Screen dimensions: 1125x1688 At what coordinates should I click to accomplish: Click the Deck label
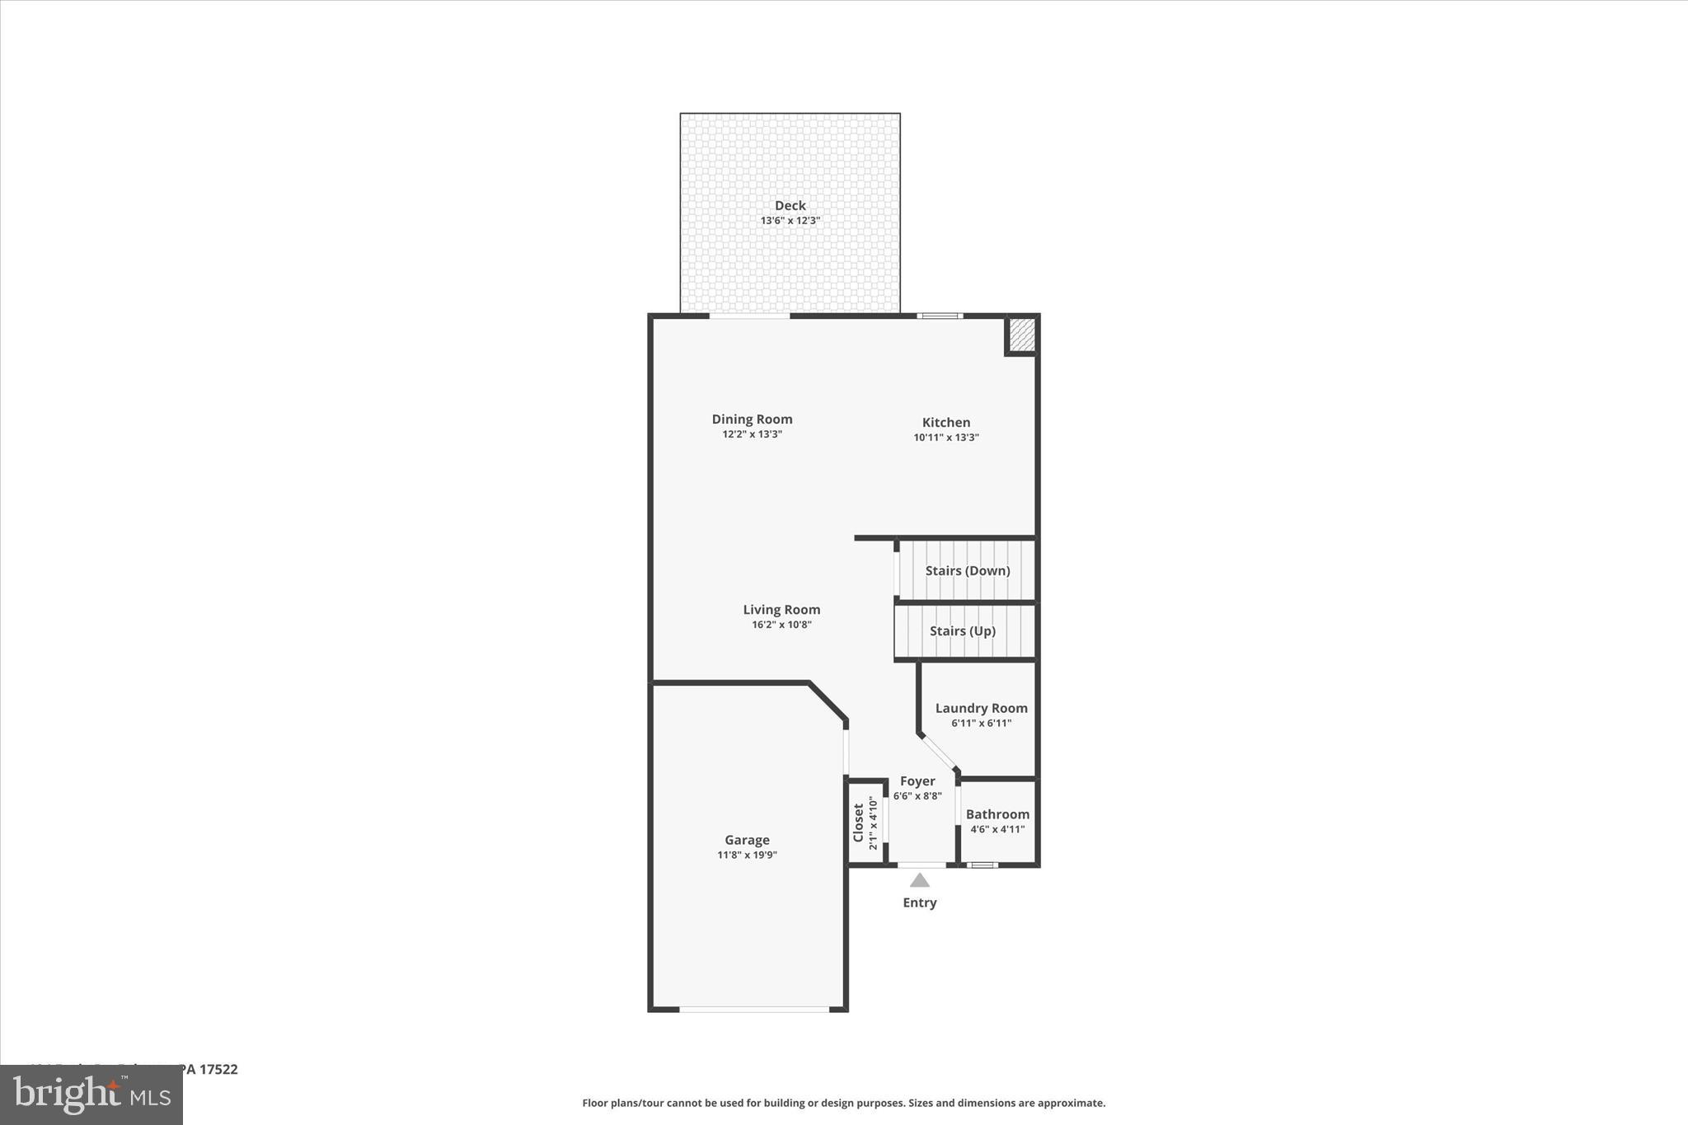(x=790, y=206)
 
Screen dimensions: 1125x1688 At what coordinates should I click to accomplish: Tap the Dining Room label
(x=752, y=420)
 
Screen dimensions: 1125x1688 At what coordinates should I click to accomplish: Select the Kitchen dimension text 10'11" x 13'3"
(x=945, y=438)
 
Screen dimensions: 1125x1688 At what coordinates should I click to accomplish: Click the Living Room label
(x=781, y=610)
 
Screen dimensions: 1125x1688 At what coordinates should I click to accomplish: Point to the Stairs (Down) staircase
(x=966, y=570)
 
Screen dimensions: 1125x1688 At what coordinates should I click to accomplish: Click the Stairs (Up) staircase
(x=963, y=631)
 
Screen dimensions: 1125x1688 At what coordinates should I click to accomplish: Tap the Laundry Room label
(x=981, y=708)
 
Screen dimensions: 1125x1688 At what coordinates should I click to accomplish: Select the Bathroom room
(x=997, y=822)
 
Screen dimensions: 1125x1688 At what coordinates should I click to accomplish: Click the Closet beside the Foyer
(x=865, y=823)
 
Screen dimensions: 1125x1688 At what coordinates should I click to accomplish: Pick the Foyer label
(x=917, y=781)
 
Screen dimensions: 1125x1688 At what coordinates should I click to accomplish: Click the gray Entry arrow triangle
(x=920, y=881)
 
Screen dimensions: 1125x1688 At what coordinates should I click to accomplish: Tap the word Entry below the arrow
(x=920, y=902)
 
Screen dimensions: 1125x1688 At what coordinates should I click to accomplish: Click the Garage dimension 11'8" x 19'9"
(x=747, y=855)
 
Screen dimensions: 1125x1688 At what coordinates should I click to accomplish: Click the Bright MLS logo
(x=91, y=1095)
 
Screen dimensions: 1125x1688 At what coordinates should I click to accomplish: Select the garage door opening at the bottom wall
(x=754, y=1009)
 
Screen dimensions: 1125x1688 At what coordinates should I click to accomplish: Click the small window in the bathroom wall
(x=982, y=865)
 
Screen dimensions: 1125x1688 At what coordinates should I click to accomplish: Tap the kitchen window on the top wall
(x=940, y=316)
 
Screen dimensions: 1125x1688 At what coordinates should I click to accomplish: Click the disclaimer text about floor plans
(x=843, y=1103)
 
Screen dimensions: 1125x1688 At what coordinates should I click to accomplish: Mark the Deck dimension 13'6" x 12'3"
(x=790, y=221)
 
